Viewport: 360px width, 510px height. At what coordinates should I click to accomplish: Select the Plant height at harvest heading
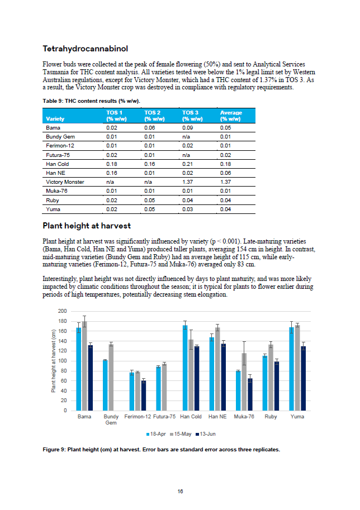pos(87,226)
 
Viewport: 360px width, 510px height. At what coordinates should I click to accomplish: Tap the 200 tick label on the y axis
pos(62,311)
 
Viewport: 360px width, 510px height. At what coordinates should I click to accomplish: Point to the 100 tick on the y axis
pos(62,361)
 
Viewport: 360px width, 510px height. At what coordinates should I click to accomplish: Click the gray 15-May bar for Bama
pos(84,366)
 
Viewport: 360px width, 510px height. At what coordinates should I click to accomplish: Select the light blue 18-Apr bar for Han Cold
pos(185,368)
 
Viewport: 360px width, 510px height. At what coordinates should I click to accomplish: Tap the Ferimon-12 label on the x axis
pos(138,417)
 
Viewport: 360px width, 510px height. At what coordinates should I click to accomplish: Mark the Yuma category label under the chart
pos(297,417)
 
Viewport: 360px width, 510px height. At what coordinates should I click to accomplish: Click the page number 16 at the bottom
pos(180,491)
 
